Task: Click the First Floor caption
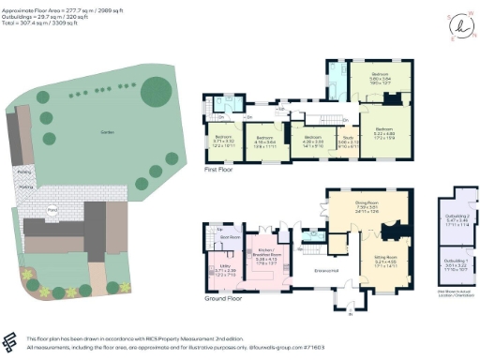point(217,172)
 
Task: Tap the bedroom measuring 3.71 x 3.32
point(221,142)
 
